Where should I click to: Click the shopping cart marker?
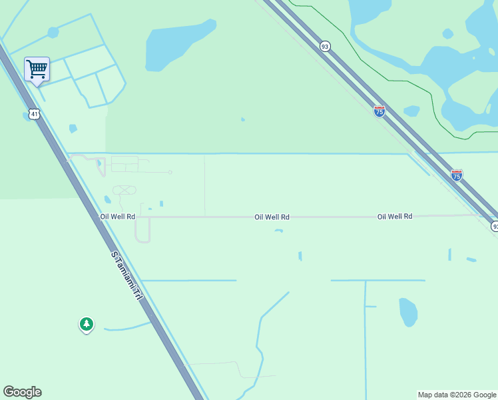[x=37, y=69]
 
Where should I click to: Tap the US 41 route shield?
[x=35, y=114]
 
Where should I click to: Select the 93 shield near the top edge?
[x=325, y=46]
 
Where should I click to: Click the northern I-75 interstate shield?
[x=379, y=111]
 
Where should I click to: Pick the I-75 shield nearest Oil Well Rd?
[x=456, y=175]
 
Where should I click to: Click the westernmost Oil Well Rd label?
[x=118, y=217]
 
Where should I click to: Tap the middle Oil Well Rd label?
[x=272, y=217]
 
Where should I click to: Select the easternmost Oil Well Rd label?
[x=395, y=217]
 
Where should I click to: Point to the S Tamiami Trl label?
[x=127, y=275]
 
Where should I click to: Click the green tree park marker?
[x=86, y=325]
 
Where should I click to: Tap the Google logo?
[x=22, y=392]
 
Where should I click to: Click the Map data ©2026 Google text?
[x=457, y=395]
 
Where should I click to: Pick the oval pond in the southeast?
[x=408, y=311]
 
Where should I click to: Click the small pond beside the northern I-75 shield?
[x=411, y=111]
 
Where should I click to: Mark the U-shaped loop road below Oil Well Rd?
[x=142, y=232]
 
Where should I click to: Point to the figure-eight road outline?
[x=124, y=190]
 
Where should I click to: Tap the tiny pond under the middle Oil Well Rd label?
[x=278, y=231]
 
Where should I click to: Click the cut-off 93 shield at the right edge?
[x=495, y=227]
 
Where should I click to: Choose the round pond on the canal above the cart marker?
[x=53, y=31]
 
